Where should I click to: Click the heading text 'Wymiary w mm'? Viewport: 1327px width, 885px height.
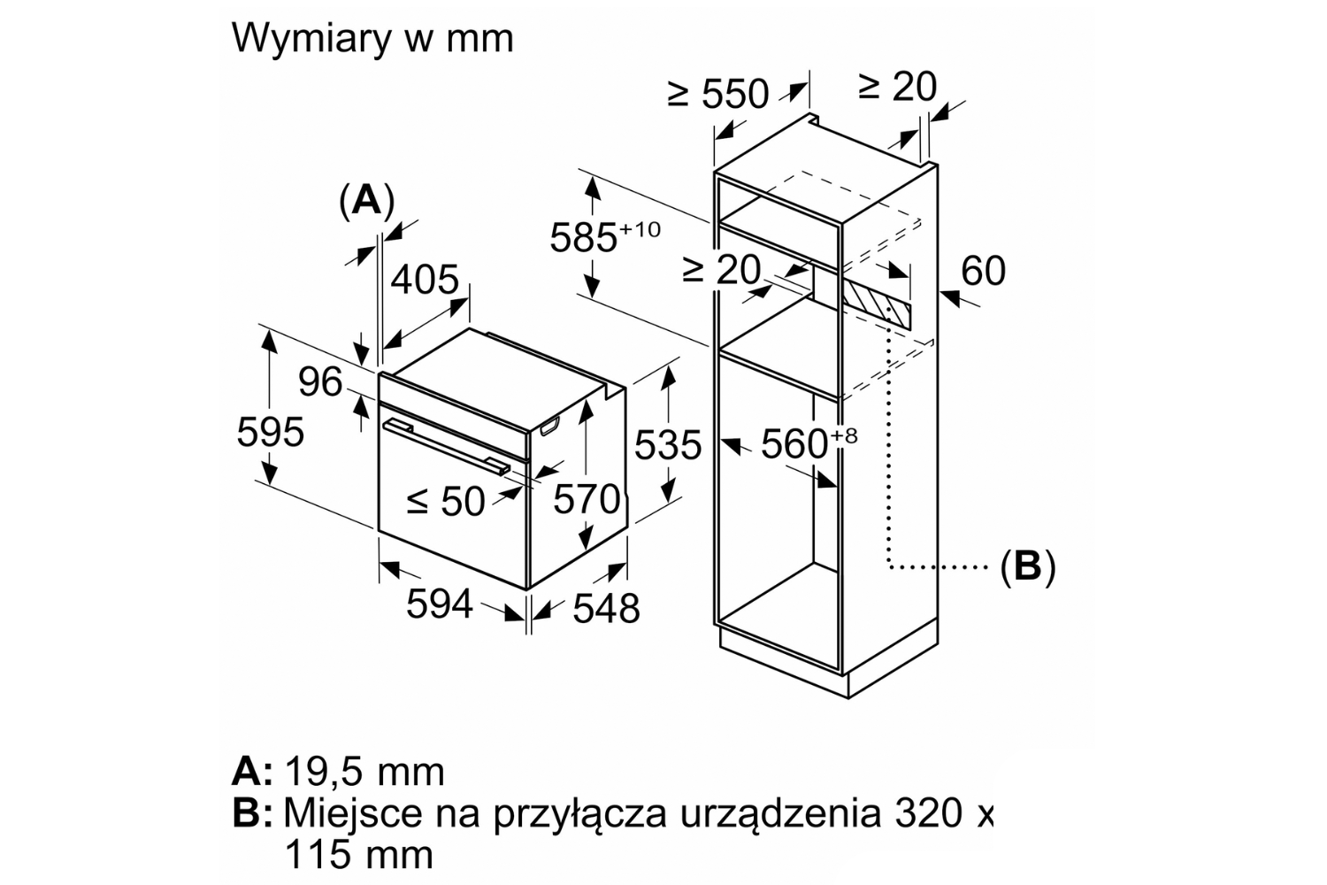tap(372, 39)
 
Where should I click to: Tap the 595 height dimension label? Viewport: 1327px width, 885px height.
tap(270, 433)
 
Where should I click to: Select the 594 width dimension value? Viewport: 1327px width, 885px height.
tap(440, 605)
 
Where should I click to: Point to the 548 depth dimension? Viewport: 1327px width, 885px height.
tap(606, 608)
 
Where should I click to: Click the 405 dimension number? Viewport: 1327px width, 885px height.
tap(425, 281)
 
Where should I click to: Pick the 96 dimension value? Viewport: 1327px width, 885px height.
tap(319, 382)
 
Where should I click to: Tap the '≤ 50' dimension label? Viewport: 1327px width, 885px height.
tap(446, 502)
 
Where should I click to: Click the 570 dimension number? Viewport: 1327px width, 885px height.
tap(586, 499)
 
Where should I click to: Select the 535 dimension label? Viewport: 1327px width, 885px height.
tap(668, 445)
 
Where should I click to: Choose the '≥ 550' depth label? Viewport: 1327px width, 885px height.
tap(718, 94)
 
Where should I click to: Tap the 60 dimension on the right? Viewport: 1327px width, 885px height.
tap(983, 271)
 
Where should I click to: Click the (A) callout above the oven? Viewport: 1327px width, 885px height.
tap(366, 202)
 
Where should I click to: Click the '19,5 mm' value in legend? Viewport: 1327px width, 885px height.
tap(364, 773)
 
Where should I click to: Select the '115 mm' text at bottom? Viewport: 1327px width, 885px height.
tap(358, 855)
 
